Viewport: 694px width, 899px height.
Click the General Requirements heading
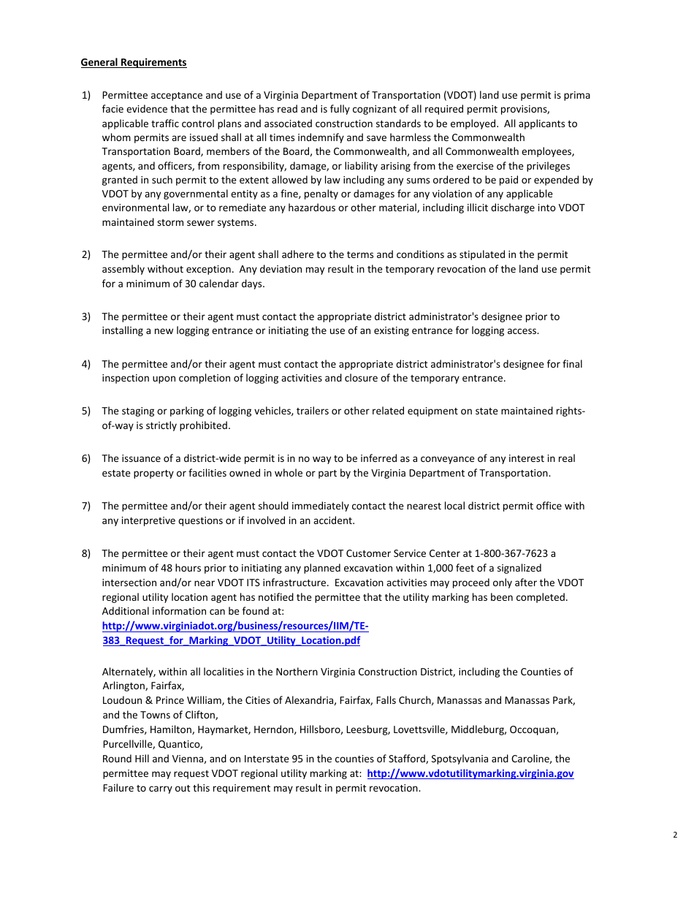(134, 63)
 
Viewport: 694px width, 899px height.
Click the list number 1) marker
(85, 95)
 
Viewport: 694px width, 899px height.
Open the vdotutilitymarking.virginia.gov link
(470, 774)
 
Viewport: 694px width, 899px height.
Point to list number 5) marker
(85, 411)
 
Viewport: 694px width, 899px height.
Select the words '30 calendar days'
(223, 284)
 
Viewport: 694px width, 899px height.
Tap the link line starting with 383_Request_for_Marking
(231, 641)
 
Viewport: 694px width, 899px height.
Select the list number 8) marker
(85, 554)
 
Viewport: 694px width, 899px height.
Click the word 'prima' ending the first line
(577, 95)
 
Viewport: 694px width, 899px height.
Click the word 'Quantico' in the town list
(181, 745)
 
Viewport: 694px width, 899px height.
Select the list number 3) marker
(85, 316)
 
